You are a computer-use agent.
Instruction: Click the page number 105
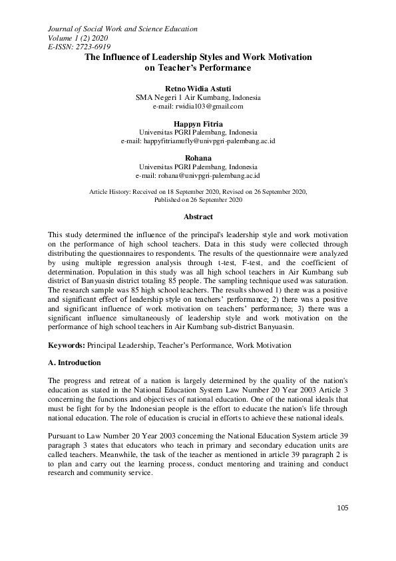tap(342, 526)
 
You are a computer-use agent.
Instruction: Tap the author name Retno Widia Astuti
tap(198, 88)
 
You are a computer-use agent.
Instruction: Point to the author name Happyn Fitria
tap(198, 123)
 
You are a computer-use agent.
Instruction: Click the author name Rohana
tap(198, 159)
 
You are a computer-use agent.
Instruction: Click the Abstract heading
tap(198, 217)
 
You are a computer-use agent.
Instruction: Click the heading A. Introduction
tap(75, 363)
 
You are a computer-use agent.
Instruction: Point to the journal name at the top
tap(122, 29)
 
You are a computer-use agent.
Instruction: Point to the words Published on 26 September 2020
tap(198, 199)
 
